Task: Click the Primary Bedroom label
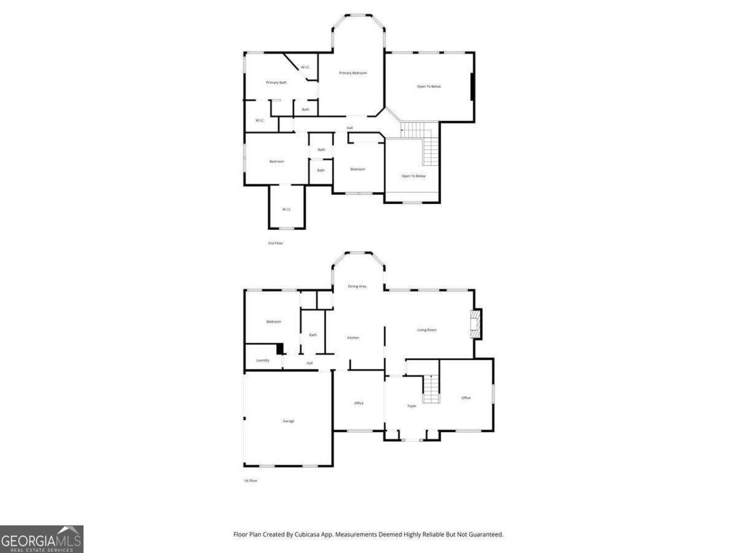click(353, 73)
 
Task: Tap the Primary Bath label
click(276, 82)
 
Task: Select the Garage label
click(288, 421)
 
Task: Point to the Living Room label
click(427, 330)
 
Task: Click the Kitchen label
click(353, 338)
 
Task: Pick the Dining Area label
click(357, 286)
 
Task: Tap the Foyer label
click(411, 406)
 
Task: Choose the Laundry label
click(263, 360)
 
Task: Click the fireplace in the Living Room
click(474, 324)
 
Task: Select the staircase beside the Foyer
click(432, 388)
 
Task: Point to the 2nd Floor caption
click(275, 243)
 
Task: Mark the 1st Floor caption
click(250, 480)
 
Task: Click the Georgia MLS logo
click(42, 539)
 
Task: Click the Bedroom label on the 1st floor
click(273, 322)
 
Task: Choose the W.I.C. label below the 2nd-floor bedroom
click(287, 210)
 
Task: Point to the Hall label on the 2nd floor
click(349, 128)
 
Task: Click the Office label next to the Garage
click(359, 403)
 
